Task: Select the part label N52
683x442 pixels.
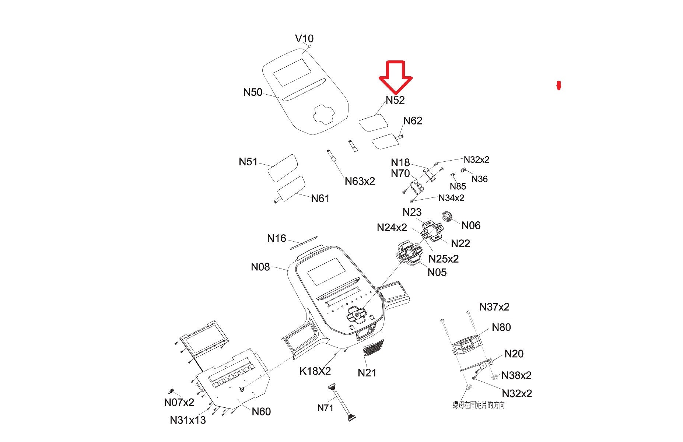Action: (x=395, y=100)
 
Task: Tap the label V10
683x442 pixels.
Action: (x=304, y=39)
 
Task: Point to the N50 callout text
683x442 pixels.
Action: (x=253, y=92)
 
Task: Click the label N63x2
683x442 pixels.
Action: (x=360, y=181)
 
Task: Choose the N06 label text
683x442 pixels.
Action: (x=471, y=225)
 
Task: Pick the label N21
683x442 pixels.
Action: (x=367, y=373)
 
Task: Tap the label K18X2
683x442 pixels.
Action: (x=315, y=371)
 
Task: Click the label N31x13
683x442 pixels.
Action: (x=188, y=420)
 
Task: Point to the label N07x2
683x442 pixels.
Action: (x=179, y=402)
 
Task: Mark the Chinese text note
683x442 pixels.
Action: (x=479, y=405)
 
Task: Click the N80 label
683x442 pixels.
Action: (x=501, y=327)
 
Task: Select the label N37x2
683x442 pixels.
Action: (x=494, y=307)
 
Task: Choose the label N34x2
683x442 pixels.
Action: (x=451, y=198)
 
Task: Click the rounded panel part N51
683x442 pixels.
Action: (x=282, y=168)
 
